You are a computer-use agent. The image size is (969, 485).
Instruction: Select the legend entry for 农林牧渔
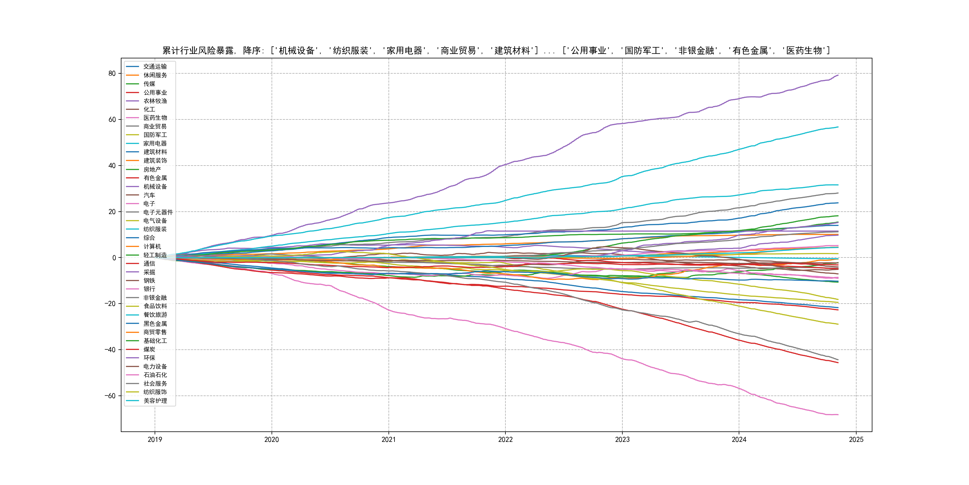(155, 101)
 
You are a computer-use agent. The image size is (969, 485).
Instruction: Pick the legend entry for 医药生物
(155, 118)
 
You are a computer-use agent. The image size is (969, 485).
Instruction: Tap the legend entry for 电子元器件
(158, 212)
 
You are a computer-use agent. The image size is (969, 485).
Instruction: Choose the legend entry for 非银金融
(155, 298)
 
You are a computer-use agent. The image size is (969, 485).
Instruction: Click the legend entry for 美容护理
(155, 401)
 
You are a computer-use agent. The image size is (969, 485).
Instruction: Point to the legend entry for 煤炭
(149, 349)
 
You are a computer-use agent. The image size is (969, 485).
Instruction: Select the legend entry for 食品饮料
(155, 306)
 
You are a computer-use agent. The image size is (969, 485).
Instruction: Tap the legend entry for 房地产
(152, 169)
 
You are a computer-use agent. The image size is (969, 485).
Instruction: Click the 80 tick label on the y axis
(112, 73)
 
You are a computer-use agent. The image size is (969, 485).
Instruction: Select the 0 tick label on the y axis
(114, 258)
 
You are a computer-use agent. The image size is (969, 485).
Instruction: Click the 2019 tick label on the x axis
(155, 439)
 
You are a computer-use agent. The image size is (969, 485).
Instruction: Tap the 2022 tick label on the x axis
(505, 439)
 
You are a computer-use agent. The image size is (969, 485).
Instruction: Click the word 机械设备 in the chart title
(296, 51)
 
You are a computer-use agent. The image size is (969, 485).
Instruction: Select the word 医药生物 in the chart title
(804, 51)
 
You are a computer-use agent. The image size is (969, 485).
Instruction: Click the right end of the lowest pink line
(838, 415)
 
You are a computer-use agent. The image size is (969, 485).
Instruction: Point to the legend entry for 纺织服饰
(155, 392)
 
